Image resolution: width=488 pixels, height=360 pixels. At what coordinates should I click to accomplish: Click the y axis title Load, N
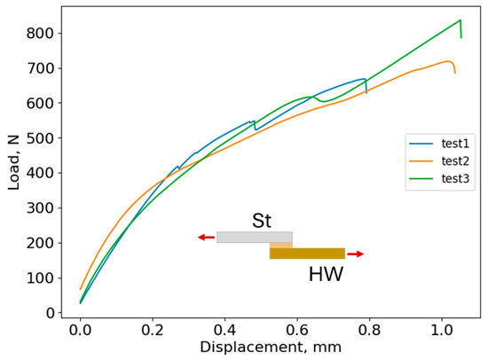click(x=12, y=164)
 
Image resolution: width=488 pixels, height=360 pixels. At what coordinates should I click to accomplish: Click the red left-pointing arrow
click(x=206, y=237)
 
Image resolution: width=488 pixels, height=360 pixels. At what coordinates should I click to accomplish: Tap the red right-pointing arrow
click(x=355, y=254)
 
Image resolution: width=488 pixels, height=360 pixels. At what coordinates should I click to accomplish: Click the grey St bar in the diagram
click(x=254, y=237)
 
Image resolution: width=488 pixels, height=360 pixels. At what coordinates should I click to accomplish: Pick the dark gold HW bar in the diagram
click(x=307, y=254)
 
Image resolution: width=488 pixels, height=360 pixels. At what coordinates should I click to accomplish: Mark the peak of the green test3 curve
click(x=460, y=20)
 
